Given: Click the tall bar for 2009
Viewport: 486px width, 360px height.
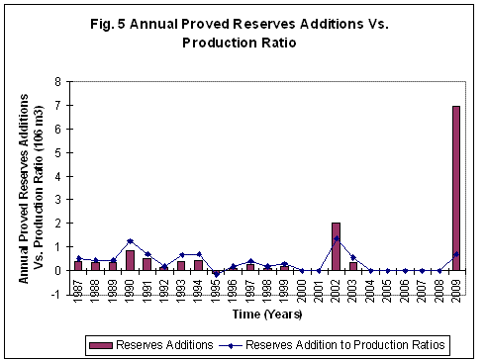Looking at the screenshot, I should coord(456,188).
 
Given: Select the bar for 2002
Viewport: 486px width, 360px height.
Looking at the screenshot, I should coord(336,246).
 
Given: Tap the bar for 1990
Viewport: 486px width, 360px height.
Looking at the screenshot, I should coord(130,260).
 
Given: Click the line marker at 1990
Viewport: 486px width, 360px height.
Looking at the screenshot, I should coord(130,241).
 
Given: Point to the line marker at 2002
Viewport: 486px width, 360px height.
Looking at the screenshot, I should coord(336,238).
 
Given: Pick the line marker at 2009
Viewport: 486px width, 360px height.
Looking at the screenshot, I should coord(456,254).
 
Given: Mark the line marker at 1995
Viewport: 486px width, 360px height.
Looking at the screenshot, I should coord(216,274).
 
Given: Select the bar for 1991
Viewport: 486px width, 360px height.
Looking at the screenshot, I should coord(146,264).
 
